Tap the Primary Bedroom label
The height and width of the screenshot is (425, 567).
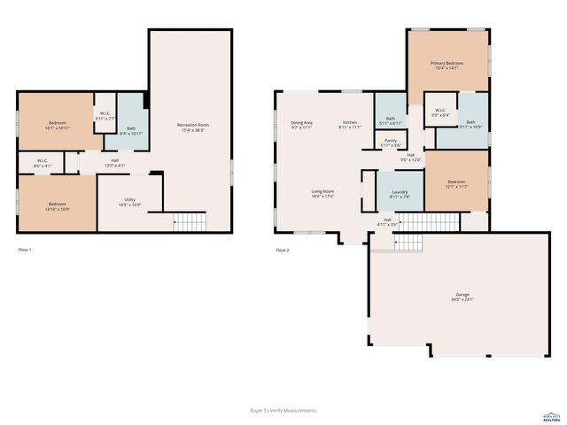pos(447,66)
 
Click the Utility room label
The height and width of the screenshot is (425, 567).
pos(129,203)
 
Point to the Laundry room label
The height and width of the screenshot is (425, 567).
pos(399,194)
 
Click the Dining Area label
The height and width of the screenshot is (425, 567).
pos(301,125)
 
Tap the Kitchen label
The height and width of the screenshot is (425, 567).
pos(350,125)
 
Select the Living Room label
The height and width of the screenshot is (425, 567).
pos(322,194)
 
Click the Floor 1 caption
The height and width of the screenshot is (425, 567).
pos(25,251)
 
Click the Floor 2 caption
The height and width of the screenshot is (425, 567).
pos(282,251)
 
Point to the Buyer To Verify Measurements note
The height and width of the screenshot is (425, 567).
pos(283,410)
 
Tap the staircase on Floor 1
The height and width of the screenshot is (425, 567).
pos(189,221)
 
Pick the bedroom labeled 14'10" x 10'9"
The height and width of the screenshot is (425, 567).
pos(56,205)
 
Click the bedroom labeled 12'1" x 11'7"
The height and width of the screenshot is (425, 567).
pos(456,183)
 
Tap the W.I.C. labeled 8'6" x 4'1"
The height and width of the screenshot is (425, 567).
pos(43,165)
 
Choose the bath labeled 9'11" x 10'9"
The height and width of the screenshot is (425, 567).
pos(470,125)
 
